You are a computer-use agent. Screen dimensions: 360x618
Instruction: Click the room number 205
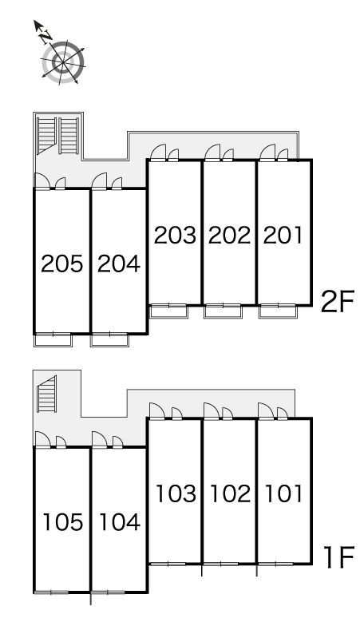tap(62, 263)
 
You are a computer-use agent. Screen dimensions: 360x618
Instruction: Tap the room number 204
tap(119, 263)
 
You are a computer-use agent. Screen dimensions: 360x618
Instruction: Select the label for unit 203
tap(175, 235)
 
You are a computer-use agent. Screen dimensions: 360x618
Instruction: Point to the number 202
tap(229, 235)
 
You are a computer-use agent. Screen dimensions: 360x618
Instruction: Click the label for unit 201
tap(283, 235)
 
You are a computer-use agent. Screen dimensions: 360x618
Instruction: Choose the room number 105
tap(63, 522)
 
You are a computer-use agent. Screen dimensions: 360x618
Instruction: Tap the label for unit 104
tap(120, 522)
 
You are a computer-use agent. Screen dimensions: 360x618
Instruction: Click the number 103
tap(176, 493)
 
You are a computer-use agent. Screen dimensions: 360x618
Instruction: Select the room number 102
tap(231, 493)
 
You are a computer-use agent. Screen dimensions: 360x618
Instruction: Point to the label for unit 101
tap(284, 493)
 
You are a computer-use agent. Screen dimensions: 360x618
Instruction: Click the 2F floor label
tap(338, 301)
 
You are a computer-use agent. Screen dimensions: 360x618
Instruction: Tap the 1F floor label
tap(338, 557)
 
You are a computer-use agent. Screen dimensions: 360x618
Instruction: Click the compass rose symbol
tap(63, 62)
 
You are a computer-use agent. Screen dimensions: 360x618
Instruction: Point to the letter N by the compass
tap(46, 37)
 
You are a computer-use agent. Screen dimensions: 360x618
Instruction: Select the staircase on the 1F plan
tap(47, 394)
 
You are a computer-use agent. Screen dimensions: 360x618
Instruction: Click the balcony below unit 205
tap(53, 340)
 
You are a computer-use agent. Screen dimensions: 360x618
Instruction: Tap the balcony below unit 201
tap(277, 311)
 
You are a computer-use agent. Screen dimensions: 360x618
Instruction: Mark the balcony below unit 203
tap(169, 311)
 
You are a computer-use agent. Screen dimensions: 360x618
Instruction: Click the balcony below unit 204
tap(110, 340)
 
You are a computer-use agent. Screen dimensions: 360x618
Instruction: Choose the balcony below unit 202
tap(223, 311)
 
